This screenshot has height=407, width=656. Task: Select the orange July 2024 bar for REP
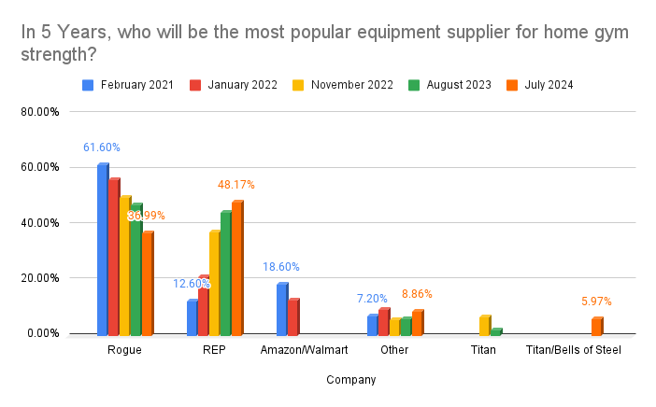click(x=236, y=269)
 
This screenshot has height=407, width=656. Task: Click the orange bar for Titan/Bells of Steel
click(x=595, y=327)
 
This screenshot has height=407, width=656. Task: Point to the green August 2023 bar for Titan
click(x=495, y=331)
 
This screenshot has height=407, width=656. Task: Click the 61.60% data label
click(x=102, y=147)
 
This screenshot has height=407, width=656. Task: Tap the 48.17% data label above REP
click(x=236, y=185)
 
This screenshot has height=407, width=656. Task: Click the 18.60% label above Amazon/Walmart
click(x=281, y=267)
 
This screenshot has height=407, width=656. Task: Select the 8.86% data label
click(x=416, y=294)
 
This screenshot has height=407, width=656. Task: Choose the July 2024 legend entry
click(x=546, y=85)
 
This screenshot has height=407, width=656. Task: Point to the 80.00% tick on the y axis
click(x=41, y=112)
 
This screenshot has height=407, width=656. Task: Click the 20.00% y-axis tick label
click(x=41, y=278)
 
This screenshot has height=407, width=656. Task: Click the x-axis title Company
click(x=351, y=380)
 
